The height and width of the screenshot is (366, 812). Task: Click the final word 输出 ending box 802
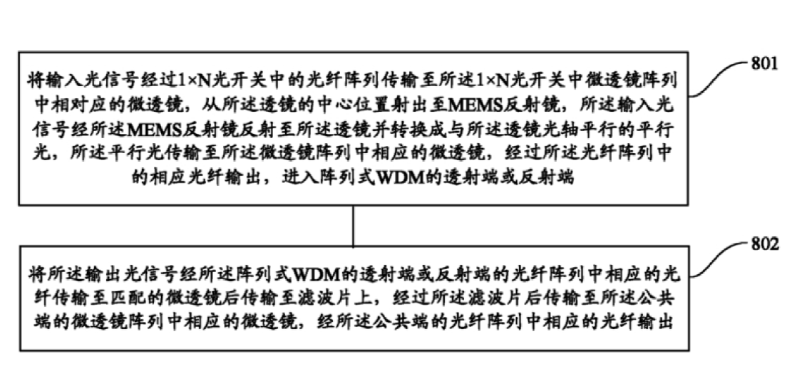click(657, 323)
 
